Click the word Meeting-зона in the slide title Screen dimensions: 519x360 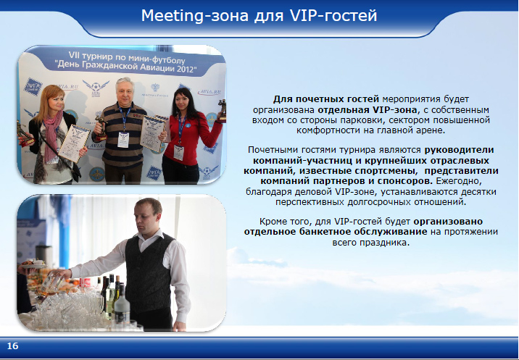click(x=194, y=15)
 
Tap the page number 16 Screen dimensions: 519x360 click(x=12, y=346)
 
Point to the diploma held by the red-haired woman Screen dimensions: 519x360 click(x=73, y=143)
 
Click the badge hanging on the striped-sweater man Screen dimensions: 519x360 click(x=123, y=140)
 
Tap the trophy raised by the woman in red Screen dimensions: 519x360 click(x=222, y=110)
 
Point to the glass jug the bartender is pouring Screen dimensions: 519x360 click(x=52, y=284)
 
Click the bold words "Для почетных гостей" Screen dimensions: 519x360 click(x=325, y=99)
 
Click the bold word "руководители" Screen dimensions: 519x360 click(x=459, y=150)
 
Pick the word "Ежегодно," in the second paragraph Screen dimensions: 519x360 click(x=459, y=181)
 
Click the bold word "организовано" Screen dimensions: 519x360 click(x=448, y=221)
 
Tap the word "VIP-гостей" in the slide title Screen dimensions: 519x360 click(x=333, y=15)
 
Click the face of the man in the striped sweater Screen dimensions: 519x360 click(x=125, y=92)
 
